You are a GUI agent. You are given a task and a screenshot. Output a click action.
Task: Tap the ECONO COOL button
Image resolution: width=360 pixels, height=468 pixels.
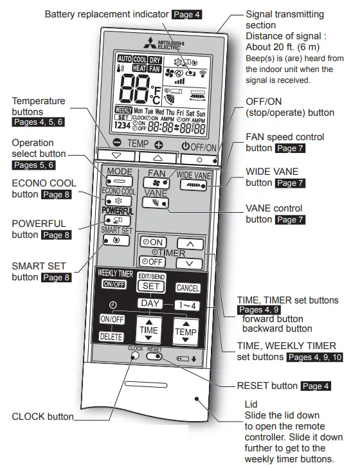tap(118, 201)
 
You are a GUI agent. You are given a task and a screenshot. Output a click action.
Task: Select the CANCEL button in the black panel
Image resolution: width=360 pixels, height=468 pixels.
tap(188, 288)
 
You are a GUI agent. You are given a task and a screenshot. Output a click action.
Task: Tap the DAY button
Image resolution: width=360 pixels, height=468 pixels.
tap(150, 303)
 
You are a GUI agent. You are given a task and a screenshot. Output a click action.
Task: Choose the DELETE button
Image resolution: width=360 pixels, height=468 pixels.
tap(111, 336)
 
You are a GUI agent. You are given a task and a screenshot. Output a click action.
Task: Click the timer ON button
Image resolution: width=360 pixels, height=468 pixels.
tap(152, 242)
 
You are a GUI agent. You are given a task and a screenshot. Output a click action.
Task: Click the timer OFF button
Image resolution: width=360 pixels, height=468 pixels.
tap(152, 262)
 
